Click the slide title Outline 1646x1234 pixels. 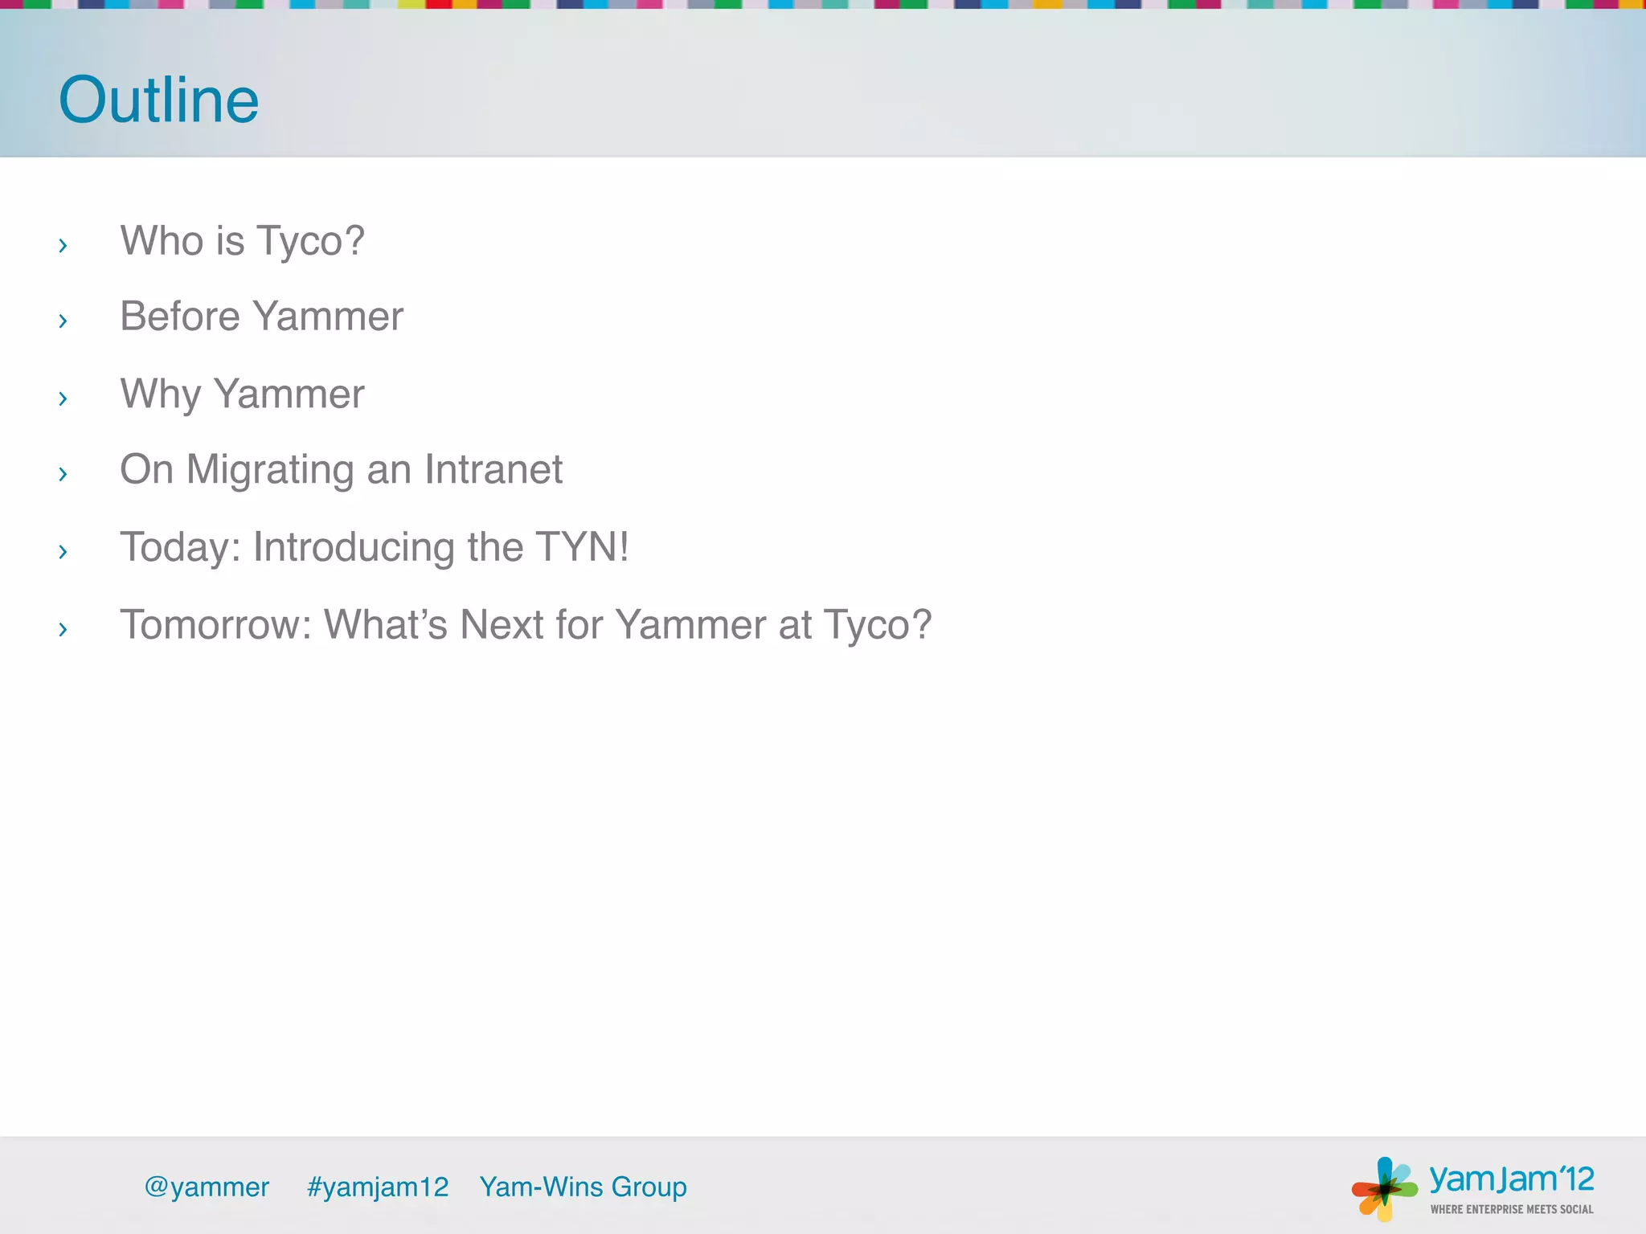[159, 100]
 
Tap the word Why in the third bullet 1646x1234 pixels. [161, 394]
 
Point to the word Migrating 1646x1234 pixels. [270, 470]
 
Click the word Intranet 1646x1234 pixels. [493, 469]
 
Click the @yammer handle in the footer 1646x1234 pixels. [207, 1187]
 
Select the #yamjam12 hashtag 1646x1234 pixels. [378, 1187]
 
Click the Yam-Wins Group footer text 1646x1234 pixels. [583, 1187]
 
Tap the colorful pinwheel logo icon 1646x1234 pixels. [1384, 1188]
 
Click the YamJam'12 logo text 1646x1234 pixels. [1511, 1179]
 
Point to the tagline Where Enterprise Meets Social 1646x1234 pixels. [1511, 1209]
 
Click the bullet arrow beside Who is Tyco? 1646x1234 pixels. [63, 245]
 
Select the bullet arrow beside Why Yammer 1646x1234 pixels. [63, 398]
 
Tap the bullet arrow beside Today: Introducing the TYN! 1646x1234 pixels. [63, 551]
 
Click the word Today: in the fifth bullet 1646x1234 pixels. [180, 547]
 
